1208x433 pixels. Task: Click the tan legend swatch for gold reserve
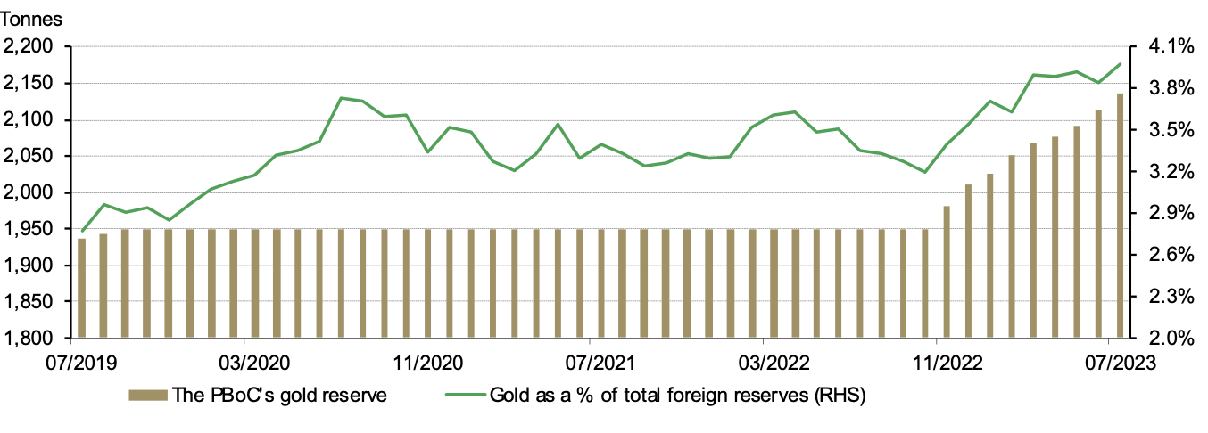point(147,395)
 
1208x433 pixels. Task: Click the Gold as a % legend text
point(677,395)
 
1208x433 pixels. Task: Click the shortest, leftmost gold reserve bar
point(81,288)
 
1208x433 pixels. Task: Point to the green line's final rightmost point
point(1121,63)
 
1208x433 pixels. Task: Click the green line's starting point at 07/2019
point(82,231)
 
